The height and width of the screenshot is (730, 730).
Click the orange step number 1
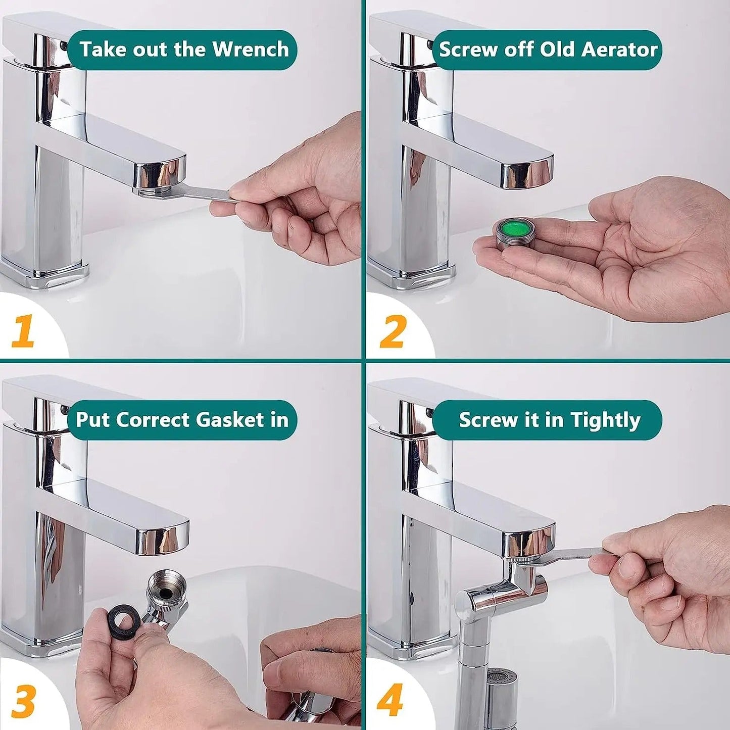coord(23,331)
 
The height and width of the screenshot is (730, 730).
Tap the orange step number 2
coord(393,331)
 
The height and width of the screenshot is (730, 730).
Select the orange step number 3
coord(24,700)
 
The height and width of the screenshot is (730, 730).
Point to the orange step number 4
coord(390,700)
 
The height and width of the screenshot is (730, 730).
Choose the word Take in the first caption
coord(100,50)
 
